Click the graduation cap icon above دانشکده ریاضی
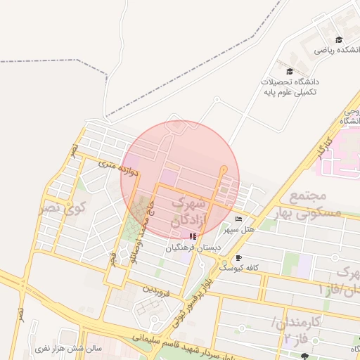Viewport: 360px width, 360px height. click(340, 39)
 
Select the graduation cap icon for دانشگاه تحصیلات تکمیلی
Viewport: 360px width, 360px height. click(290, 71)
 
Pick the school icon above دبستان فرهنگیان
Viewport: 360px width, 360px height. click(193, 236)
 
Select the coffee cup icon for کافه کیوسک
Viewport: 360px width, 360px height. click(238, 257)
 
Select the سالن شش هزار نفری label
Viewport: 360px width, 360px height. click(70, 347)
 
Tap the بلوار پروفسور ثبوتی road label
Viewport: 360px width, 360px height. click(195, 290)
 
